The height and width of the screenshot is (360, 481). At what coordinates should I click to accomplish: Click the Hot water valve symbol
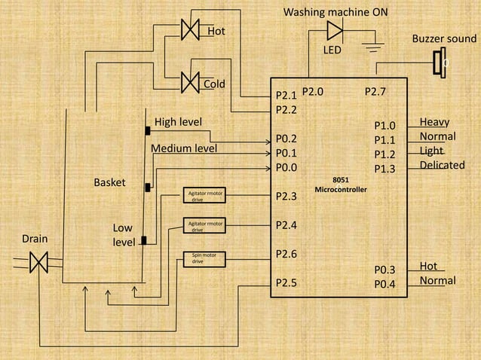(x=190, y=29)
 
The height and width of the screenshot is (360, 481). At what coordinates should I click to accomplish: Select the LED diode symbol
(x=334, y=31)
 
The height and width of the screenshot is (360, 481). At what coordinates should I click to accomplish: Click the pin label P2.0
(x=313, y=92)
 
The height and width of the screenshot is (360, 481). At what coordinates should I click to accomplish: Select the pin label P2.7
(x=375, y=92)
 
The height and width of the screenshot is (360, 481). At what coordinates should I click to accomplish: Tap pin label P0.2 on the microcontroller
(x=286, y=139)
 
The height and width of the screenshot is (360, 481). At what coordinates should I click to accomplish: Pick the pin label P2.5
(x=286, y=282)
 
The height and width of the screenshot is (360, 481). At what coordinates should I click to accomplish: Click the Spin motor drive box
(x=204, y=259)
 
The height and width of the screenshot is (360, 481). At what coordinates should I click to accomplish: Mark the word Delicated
(x=442, y=165)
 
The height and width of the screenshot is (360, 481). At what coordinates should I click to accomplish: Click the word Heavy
(x=435, y=122)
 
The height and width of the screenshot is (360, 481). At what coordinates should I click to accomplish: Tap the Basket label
(x=109, y=182)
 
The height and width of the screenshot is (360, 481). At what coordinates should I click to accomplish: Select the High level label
(x=178, y=122)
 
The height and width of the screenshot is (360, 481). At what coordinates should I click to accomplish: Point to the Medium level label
(x=185, y=148)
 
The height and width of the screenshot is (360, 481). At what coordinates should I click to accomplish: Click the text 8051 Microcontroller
(x=341, y=185)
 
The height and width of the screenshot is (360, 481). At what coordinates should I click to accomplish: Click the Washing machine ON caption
(x=336, y=13)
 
